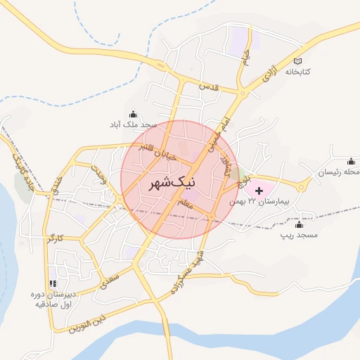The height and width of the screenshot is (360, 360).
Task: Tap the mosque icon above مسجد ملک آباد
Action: pyautogui.click(x=133, y=114)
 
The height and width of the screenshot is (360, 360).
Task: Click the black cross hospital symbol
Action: pyautogui.click(x=258, y=191)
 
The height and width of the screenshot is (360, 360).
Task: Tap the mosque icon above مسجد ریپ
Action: pyautogui.click(x=299, y=225)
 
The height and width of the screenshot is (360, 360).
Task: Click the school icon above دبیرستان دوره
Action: pyautogui.click(x=53, y=283)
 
